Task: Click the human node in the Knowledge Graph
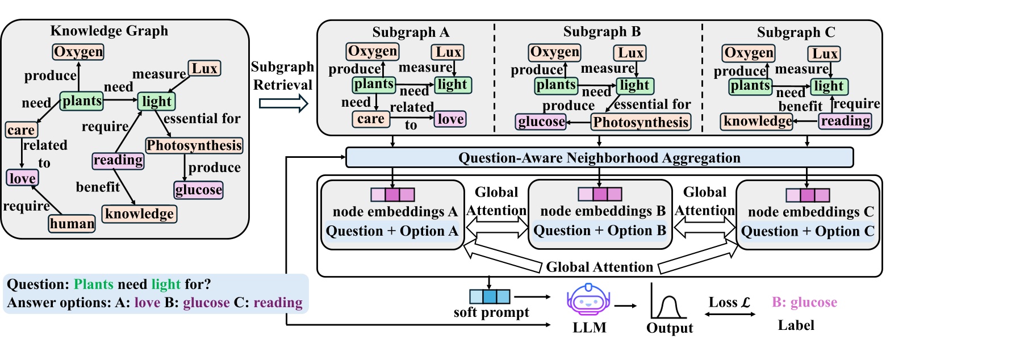point(72,224)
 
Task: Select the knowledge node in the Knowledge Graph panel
point(139,214)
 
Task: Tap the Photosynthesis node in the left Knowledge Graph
point(194,146)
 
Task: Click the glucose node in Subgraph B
point(541,122)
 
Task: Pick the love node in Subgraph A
point(450,119)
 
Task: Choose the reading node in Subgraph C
point(845,121)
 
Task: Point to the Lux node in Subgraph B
point(630,53)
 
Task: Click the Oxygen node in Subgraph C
point(749,53)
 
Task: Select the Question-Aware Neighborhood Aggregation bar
point(599,158)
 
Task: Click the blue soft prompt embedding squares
point(490,296)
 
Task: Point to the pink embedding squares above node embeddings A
point(392,195)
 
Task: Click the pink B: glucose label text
point(804,303)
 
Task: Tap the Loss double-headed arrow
point(729,314)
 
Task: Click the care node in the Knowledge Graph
point(21,130)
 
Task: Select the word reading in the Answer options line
point(278,303)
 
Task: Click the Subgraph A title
point(411,32)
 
